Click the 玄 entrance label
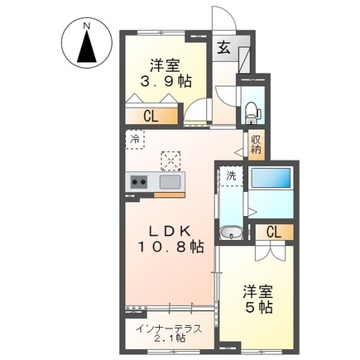(224, 48)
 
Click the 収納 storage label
(256, 146)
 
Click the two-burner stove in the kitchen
(137, 182)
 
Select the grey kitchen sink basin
(170, 182)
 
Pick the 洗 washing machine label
(232, 175)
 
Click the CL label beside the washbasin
(273, 233)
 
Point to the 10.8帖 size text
(172, 247)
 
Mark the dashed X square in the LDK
(170, 159)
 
